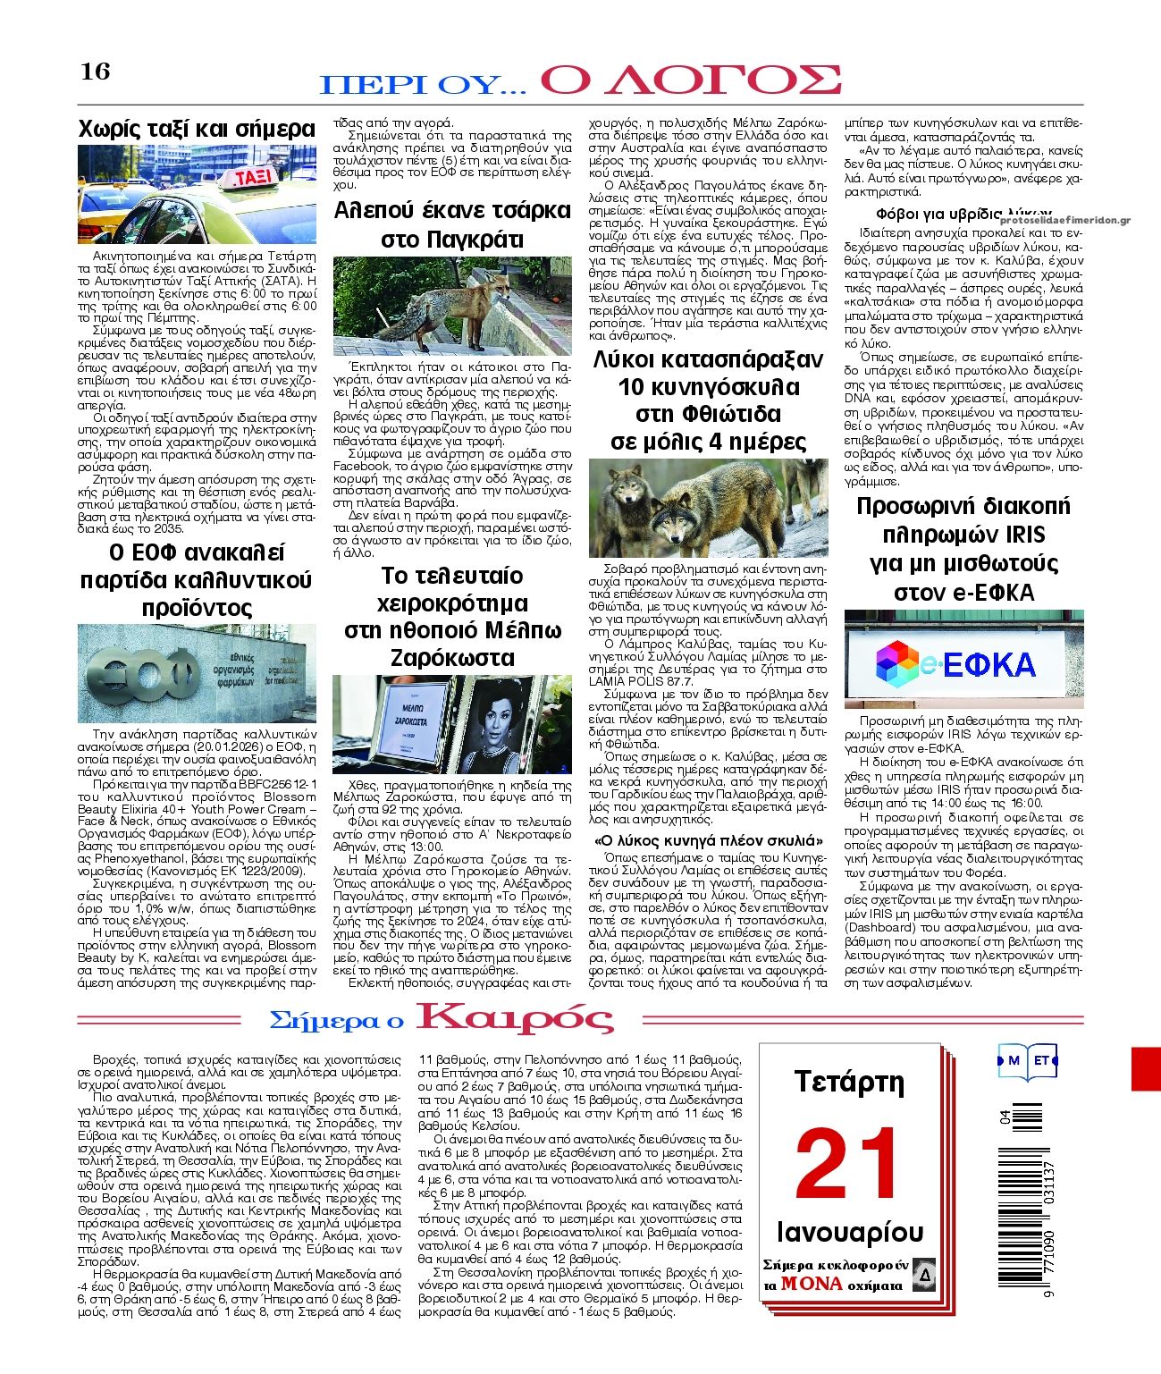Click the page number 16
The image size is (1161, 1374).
pos(96,71)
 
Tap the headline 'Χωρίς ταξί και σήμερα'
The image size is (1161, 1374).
pos(197,128)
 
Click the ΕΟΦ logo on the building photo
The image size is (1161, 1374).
pos(144,669)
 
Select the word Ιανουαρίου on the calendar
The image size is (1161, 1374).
pos(850,1232)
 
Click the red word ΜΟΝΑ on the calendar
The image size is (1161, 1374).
pos(812,1283)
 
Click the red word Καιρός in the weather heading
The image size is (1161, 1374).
pos(516,1018)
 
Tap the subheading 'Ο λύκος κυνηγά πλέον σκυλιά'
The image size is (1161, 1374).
pos(709,840)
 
